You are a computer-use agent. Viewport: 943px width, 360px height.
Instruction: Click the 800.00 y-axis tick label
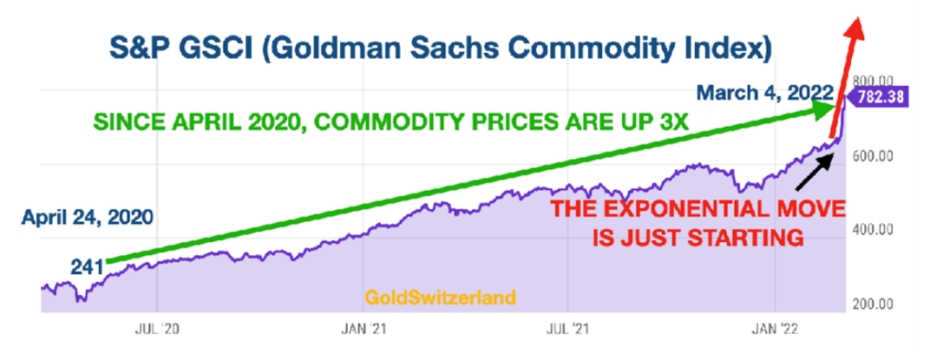point(878,77)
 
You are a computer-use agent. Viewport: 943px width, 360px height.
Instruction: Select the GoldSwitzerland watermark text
point(442,298)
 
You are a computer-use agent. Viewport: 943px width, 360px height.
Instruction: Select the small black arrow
point(815,167)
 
